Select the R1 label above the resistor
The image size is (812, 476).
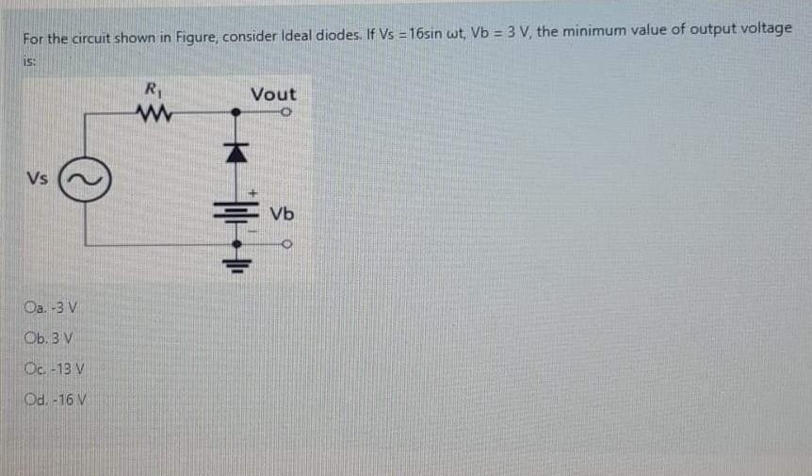click(x=152, y=92)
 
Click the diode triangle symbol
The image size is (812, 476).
click(x=236, y=151)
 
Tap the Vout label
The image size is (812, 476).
click(x=273, y=94)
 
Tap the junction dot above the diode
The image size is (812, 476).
click(x=236, y=113)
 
